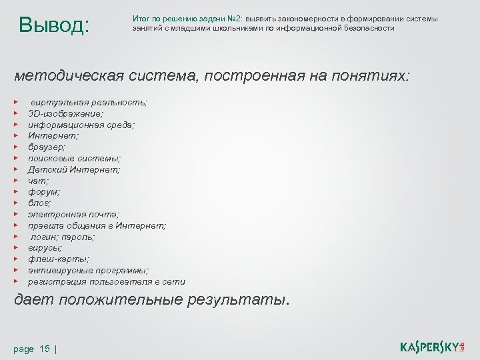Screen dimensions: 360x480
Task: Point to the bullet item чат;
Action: point(38,180)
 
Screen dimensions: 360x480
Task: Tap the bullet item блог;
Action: point(39,203)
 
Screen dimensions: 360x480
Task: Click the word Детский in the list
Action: point(48,169)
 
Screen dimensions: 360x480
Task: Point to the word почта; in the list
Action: point(101,214)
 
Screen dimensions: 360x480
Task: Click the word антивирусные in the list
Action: point(61,270)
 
